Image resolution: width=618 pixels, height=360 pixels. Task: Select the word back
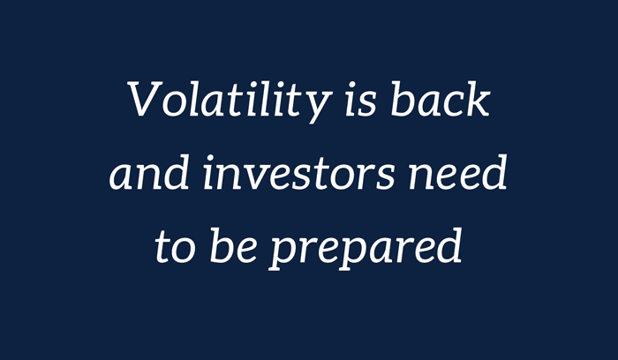441,99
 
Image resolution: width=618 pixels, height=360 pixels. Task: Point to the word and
149,172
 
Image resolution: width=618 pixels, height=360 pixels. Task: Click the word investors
299,172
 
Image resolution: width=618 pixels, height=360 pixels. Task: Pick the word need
458,172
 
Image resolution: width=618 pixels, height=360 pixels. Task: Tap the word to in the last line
175,247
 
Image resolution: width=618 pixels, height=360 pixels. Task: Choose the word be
234,245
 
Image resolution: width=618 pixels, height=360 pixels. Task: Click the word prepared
365,249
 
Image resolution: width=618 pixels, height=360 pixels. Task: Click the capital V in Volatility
145,99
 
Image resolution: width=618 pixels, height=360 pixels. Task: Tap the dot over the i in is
353,85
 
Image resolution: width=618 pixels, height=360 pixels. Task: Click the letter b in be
222,245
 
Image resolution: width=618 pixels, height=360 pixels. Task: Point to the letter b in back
403,99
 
